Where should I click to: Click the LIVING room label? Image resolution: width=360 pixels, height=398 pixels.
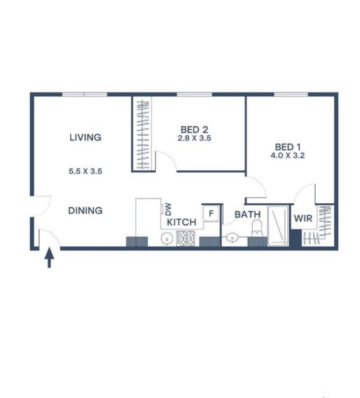[x=86, y=137]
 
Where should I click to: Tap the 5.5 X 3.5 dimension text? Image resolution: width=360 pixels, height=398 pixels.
[x=85, y=171]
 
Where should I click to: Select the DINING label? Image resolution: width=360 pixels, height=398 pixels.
[x=85, y=210]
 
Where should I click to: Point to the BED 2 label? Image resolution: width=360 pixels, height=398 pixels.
[x=194, y=129]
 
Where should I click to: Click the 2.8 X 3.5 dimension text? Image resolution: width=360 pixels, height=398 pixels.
[x=194, y=138]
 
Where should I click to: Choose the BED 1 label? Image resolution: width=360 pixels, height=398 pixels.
[x=288, y=147]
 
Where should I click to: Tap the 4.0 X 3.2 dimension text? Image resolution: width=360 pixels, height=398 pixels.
[x=288, y=155]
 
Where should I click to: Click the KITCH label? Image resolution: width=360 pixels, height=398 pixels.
[x=182, y=222]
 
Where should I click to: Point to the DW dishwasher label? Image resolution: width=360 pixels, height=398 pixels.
[x=168, y=209]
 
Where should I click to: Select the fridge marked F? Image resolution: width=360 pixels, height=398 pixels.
[x=211, y=213]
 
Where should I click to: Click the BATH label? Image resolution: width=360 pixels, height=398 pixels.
[x=248, y=215]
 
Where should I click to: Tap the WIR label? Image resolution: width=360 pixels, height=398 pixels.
[x=303, y=218]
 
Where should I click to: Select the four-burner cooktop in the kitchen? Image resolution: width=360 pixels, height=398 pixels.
[x=185, y=238]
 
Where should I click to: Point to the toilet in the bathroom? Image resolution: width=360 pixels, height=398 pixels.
[x=257, y=228]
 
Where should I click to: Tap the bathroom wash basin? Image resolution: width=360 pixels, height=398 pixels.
[x=232, y=238]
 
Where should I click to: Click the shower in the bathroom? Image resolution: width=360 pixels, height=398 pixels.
[x=278, y=226]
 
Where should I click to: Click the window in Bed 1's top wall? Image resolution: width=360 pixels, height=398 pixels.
[x=291, y=95]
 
